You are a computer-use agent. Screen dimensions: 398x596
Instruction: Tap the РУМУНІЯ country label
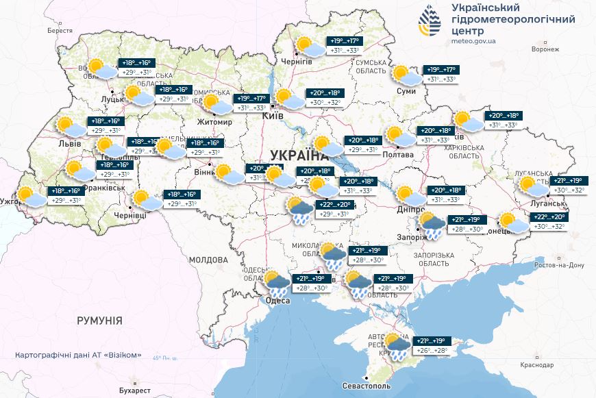99,321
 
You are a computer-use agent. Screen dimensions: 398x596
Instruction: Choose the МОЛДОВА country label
208,260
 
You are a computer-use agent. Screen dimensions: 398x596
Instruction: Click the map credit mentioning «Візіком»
78,355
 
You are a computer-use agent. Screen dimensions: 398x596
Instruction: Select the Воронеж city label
549,50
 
